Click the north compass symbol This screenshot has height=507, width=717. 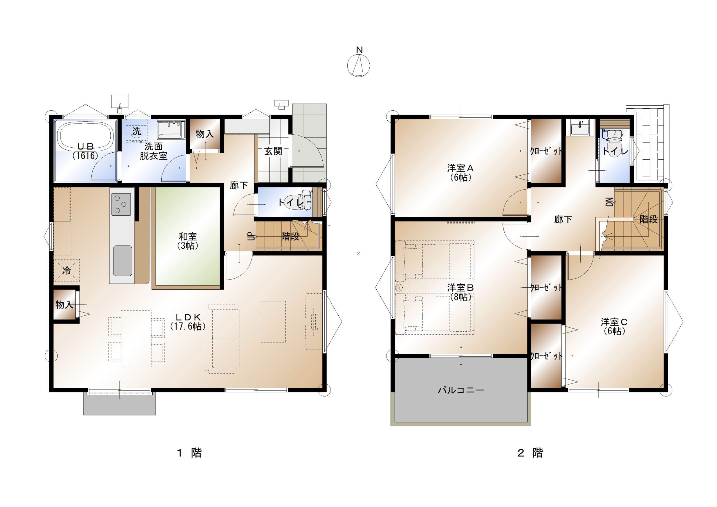click(x=358, y=66)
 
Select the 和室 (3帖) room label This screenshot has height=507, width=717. click(x=188, y=241)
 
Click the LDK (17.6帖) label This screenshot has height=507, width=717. click(x=188, y=322)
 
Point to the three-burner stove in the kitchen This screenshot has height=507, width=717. click(x=122, y=204)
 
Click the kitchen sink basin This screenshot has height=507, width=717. click(x=122, y=261)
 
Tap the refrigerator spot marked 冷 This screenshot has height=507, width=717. click(x=66, y=271)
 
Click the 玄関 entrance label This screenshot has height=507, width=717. click(x=273, y=151)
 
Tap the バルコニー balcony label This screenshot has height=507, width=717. click(x=461, y=390)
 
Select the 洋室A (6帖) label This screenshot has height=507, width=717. click(x=461, y=173)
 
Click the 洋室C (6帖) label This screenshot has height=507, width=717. click(x=614, y=326)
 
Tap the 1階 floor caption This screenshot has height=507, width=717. click(x=189, y=453)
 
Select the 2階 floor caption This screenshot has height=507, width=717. click(x=530, y=453)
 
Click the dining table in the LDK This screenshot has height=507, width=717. click(x=136, y=339)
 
